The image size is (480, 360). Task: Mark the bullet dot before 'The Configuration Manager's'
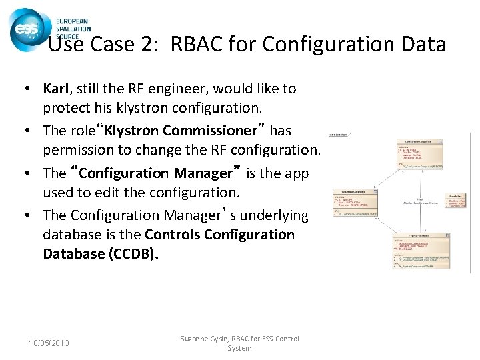(x=31, y=215)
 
